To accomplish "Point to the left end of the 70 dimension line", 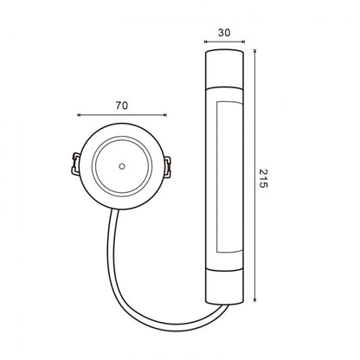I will [78, 112].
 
